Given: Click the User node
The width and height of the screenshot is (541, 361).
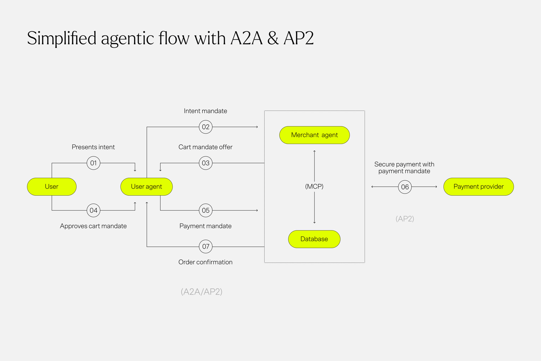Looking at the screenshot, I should click(x=52, y=187).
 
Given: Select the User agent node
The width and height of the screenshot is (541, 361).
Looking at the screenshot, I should click(x=146, y=187).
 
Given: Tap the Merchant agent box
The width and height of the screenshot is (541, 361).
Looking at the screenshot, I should click(x=315, y=135).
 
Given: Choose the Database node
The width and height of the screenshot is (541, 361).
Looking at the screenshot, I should click(x=314, y=239).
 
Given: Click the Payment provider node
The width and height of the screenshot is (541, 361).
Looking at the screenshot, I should click(x=478, y=187).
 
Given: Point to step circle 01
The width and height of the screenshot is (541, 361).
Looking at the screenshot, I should click(x=93, y=163).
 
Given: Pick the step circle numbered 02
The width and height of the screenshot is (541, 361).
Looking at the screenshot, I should click(x=206, y=127).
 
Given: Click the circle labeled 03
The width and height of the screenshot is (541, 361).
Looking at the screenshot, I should click(x=206, y=163).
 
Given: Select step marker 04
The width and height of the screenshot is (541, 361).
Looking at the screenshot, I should click(x=93, y=210).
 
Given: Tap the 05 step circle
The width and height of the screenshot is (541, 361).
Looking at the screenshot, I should click(x=206, y=210).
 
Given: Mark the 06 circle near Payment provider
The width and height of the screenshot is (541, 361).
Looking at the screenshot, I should click(x=405, y=187).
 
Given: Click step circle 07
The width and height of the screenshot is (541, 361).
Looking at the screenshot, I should click(x=206, y=247).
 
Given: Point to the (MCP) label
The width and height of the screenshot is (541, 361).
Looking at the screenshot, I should click(x=314, y=187).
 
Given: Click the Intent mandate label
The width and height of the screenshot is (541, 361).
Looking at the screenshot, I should click(x=205, y=111).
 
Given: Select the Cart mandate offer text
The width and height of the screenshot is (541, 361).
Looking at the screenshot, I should click(x=205, y=147).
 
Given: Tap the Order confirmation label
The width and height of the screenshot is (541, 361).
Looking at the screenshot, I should click(x=205, y=262).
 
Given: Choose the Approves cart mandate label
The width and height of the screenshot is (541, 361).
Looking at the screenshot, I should click(x=93, y=226).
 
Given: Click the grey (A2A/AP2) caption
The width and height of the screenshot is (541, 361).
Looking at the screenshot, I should click(x=201, y=292).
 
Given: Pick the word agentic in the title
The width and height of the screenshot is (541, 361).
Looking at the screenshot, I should click(x=128, y=39).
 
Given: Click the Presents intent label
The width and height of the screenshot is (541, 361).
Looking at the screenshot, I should click(x=93, y=147).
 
